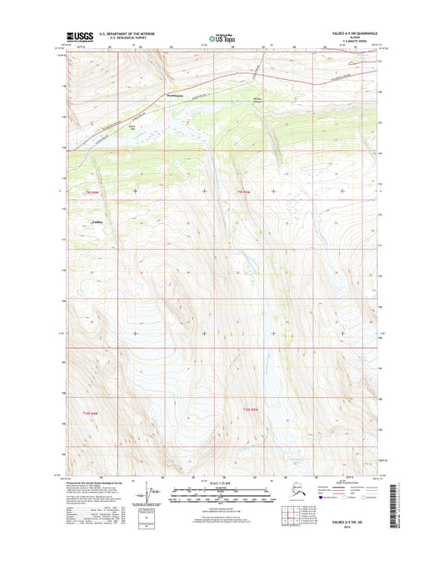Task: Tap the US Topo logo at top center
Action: click(222, 37)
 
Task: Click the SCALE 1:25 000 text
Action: click(221, 484)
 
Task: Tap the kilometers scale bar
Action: click(221, 492)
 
